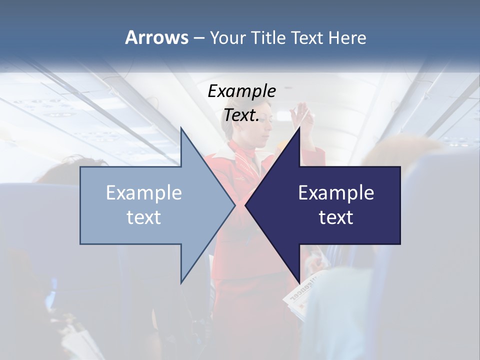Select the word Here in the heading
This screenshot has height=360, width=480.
pyautogui.click(x=347, y=37)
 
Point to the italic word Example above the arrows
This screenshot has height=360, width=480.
pyautogui.click(x=241, y=91)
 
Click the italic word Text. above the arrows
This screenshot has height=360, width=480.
pyautogui.click(x=241, y=115)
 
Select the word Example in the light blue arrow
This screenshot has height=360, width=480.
pyautogui.click(x=144, y=192)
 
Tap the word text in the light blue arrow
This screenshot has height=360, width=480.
pyautogui.click(x=144, y=217)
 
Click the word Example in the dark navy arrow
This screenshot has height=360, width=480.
pyautogui.click(x=336, y=192)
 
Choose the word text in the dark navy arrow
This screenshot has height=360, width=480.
pyautogui.click(x=336, y=217)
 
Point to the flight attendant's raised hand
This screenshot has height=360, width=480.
pyautogui.click(x=302, y=109)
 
